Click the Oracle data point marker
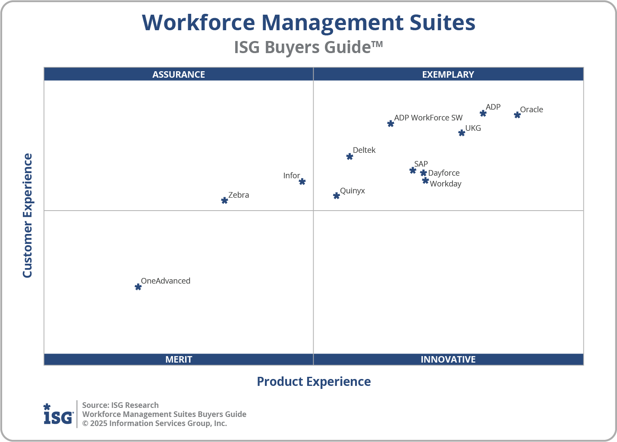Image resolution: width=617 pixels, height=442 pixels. (517, 115)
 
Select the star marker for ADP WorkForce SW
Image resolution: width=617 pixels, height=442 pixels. (390, 124)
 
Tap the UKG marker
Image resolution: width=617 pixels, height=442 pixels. (462, 133)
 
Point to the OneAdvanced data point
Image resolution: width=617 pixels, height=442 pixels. (138, 287)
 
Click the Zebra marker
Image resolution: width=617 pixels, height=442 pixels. (224, 201)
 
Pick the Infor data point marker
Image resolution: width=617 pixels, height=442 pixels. (302, 182)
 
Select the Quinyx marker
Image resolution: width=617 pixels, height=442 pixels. (337, 196)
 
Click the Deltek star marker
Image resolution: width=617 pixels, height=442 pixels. (349, 157)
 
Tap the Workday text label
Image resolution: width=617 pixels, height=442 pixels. (445, 184)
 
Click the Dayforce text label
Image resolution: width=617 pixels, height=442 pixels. (444, 173)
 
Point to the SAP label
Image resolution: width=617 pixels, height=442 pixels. (421, 164)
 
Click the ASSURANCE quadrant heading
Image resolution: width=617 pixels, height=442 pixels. (179, 75)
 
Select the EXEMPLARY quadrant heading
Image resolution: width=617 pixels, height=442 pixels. (448, 75)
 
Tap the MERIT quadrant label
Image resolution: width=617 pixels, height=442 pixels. (179, 360)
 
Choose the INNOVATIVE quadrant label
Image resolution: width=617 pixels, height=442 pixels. (448, 360)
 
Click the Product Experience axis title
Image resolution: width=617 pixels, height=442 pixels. (314, 382)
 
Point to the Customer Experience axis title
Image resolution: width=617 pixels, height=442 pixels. (28, 216)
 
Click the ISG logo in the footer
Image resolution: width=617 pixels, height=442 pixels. (58, 414)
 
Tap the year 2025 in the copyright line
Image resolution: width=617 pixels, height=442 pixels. (98, 423)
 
